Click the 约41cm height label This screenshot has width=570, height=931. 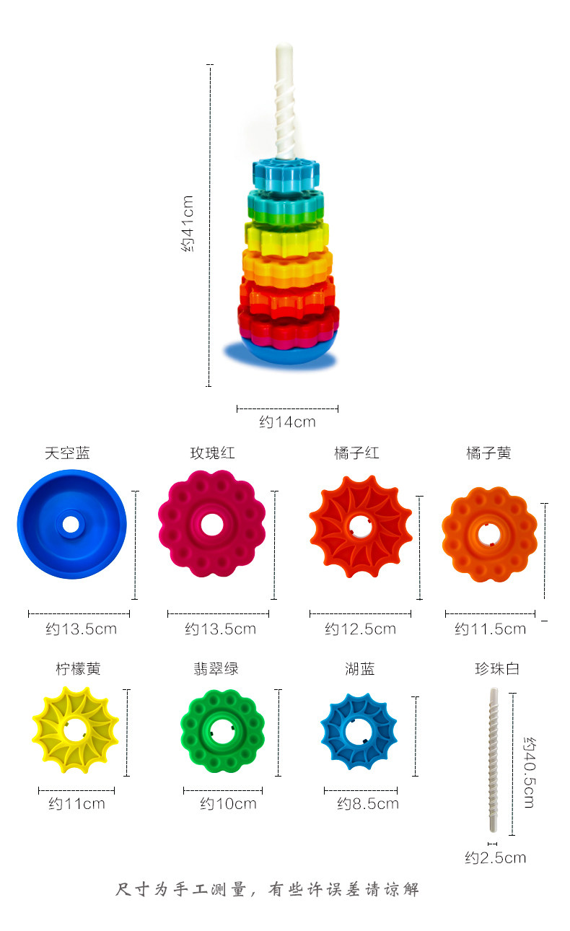click(188, 224)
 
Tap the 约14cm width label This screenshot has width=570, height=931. click(287, 422)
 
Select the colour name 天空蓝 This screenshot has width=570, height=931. click(67, 453)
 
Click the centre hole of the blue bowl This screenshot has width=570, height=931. click(71, 525)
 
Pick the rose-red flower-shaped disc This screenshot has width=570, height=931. click(212, 524)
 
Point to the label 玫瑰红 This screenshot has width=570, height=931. click(213, 453)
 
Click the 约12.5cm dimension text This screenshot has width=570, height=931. click(360, 629)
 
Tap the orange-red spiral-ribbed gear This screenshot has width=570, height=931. click(361, 527)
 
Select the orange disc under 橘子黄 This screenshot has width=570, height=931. click(489, 535)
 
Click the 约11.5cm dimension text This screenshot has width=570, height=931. click(490, 629)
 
